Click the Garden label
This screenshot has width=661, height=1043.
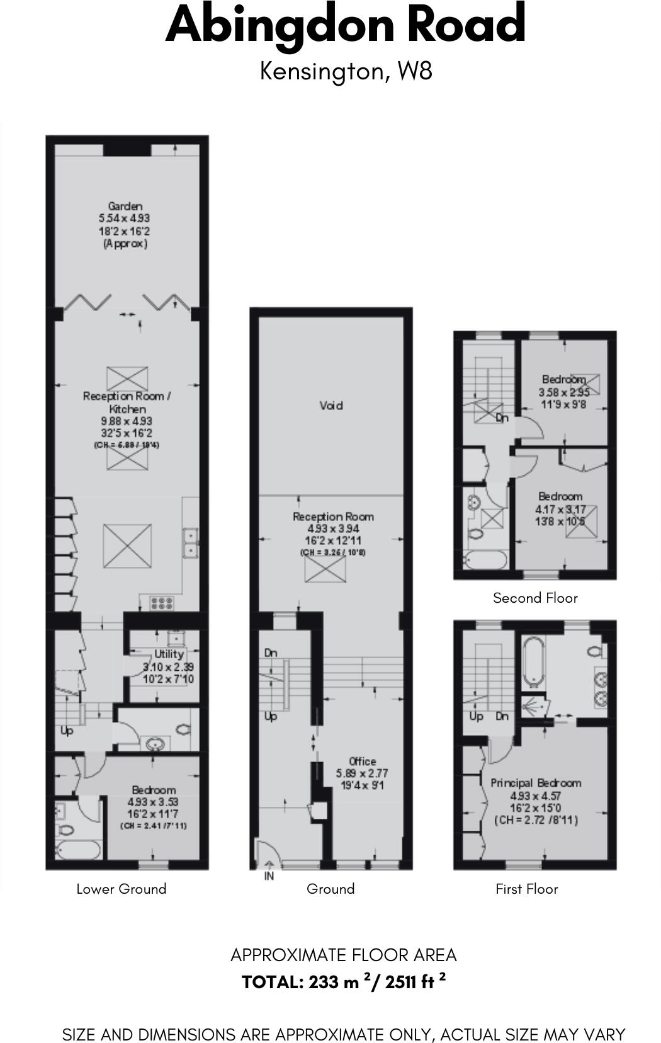[125, 206]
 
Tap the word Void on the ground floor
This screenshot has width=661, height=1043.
[331, 406]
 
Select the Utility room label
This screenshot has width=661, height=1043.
[169, 654]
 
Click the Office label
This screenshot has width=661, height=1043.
[362, 761]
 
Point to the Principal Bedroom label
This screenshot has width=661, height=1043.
[536, 783]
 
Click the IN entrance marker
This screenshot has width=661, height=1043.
[269, 876]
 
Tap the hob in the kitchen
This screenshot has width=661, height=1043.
[161, 603]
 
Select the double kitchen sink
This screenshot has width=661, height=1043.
[190, 543]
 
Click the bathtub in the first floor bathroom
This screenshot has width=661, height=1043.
[533, 661]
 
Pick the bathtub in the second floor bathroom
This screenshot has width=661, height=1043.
[485, 560]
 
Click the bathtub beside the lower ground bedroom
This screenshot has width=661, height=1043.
[78, 850]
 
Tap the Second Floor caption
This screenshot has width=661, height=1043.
[535, 598]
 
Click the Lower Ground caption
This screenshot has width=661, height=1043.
[121, 889]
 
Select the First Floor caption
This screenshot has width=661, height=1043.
[527, 889]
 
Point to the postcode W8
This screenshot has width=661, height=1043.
[415, 71]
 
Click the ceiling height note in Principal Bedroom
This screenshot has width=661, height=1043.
[536, 820]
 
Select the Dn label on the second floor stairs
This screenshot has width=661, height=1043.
[502, 418]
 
